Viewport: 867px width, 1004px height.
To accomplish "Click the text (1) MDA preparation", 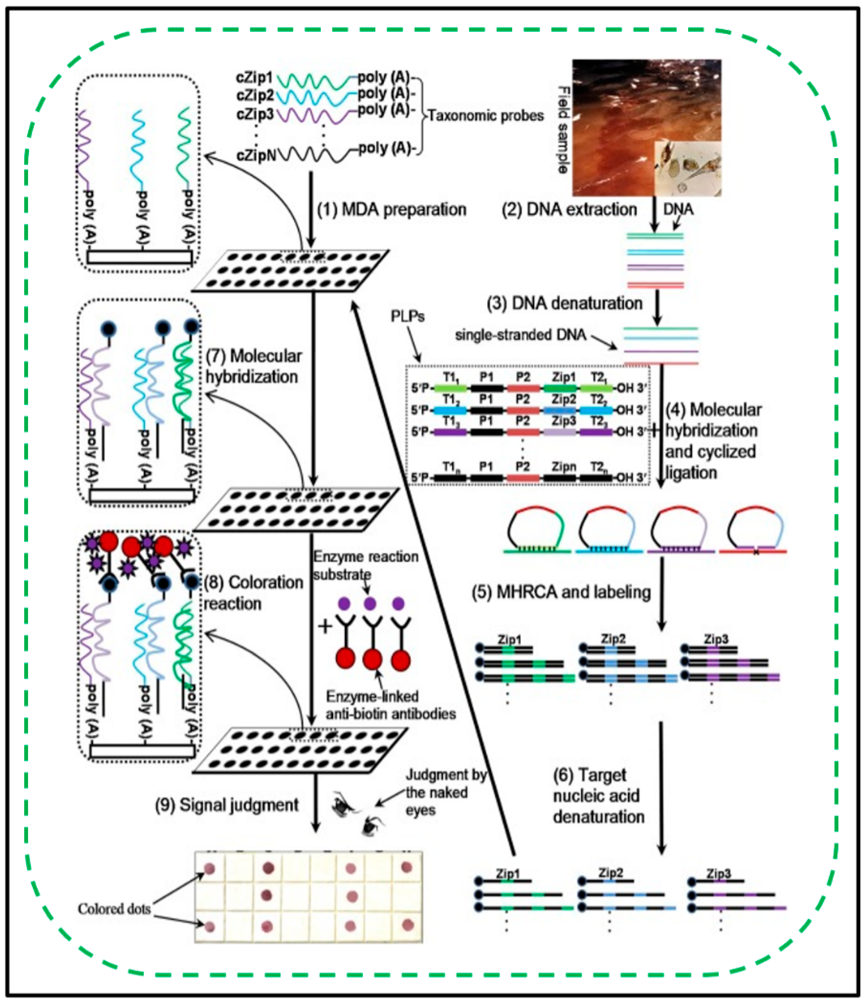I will (391, 209).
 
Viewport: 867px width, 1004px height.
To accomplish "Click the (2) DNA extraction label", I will (569, 209).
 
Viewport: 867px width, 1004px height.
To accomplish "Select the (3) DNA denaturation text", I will (564, 303).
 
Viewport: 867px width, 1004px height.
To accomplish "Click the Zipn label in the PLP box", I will (563, 467).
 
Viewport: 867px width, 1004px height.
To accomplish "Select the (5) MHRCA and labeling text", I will (561, 592).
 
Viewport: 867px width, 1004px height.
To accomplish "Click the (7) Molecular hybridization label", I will (253, 366).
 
